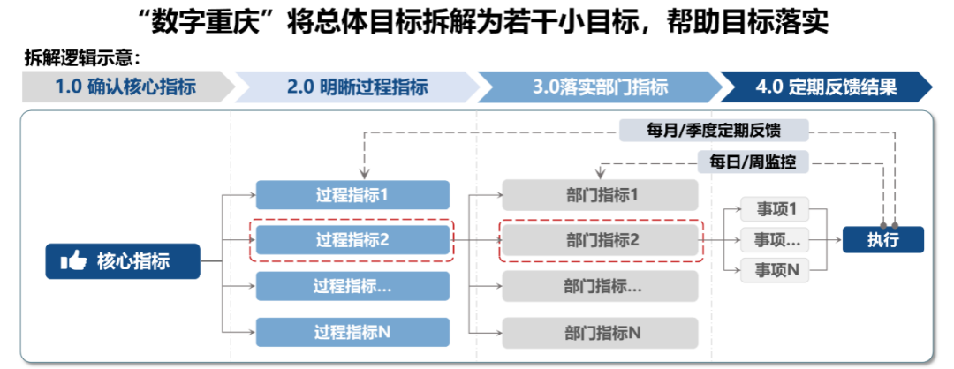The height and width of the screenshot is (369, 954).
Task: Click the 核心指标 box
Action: [123, 261]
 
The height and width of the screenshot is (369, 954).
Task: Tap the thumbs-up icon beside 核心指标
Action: [73, 261]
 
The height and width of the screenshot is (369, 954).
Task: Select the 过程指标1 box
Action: [352, 195]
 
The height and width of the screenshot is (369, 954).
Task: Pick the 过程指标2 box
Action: [352, 240]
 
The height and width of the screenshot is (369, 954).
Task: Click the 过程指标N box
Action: [352, 332]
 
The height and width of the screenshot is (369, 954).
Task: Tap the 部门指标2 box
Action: [600, 240]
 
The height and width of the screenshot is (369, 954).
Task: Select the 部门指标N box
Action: [600, 332]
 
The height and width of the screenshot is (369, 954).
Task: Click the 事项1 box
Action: [776, 210]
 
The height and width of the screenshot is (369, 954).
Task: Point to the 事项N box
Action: [776, 270]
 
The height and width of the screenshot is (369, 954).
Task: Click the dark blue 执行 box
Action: [882, 239]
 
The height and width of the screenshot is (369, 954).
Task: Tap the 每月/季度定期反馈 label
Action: [714, 130]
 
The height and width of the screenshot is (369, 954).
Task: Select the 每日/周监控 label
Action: [753, 162]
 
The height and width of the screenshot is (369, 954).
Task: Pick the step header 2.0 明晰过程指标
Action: [357, 87]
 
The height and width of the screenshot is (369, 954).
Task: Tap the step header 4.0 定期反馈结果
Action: [826, 87]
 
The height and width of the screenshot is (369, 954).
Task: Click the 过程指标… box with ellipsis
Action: [352, 286]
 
